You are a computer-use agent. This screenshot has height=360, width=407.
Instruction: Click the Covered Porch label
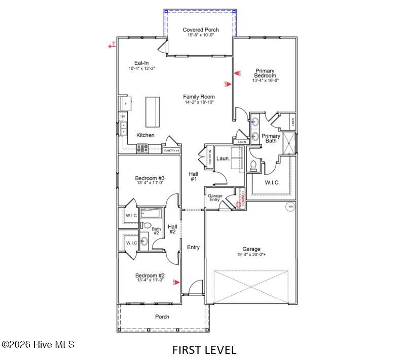tap(201, 30)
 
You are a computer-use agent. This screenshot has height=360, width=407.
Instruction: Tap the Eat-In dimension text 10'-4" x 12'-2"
tap(141, 68)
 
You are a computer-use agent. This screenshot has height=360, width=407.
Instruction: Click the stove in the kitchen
tap(142, 148)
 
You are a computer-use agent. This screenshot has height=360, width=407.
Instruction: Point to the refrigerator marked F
tap(125, 104)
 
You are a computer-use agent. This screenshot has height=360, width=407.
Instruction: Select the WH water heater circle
tap(290, 207)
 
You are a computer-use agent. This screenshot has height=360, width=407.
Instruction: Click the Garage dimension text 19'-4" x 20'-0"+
tap(251, 255)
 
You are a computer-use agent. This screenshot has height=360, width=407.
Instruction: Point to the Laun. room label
tap(223, 158)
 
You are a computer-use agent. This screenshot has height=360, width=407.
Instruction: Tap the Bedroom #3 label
tap(150, 178)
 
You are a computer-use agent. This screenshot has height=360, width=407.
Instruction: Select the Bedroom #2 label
tap(150, 276)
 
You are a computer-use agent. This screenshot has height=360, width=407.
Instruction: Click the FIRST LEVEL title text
tap(204, 349)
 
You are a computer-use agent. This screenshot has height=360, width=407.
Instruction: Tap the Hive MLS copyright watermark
tap(38, 344)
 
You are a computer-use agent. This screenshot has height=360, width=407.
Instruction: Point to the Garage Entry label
tap(215, 197)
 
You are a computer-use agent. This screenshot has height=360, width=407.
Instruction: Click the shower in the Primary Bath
tap(289, 143)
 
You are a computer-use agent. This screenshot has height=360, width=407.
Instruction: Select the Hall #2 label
tap(172, 229)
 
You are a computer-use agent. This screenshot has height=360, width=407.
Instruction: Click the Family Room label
tap(199, 97)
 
